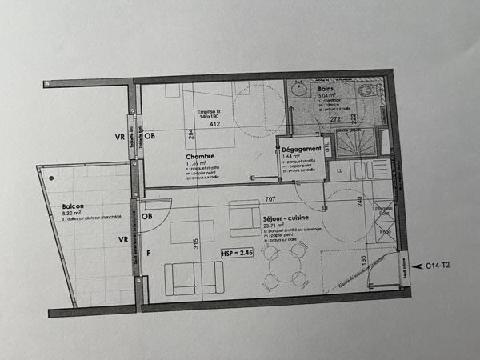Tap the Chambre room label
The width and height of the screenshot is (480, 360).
pos(200,156)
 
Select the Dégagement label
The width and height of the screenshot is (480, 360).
pos(302,150)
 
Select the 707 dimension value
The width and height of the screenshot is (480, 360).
pos(270,198)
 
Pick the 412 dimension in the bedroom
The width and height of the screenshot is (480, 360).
pos(214,125)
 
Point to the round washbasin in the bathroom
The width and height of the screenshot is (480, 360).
pos(298,90)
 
